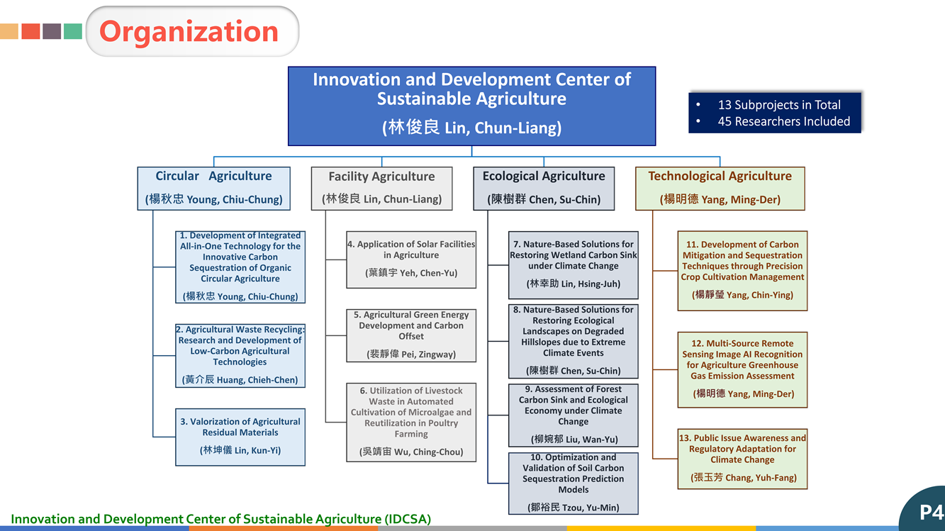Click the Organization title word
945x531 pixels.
click(x=189, y=32)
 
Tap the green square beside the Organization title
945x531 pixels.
click(x=72, y=31)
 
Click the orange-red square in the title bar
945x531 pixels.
click(x=30, y=31)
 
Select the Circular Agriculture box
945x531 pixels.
click(x=214, y=189)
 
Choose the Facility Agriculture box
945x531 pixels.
click(x=382, y=189)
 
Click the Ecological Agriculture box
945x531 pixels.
click(x=544, y=189)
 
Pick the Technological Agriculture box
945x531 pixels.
click(x=720, y=189)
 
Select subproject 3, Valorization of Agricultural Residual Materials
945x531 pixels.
click(x=240, y=437)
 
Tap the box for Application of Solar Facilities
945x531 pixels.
click(x=411, y=259)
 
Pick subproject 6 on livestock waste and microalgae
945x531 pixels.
click(x=411, y=423)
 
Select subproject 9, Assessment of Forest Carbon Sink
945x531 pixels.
click(x=574, y=415)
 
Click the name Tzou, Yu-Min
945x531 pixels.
click(x=591, y=508)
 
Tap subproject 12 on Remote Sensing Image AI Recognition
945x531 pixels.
click(x=742, y=369)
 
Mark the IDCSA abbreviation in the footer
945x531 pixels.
click(x=408, y=519)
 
